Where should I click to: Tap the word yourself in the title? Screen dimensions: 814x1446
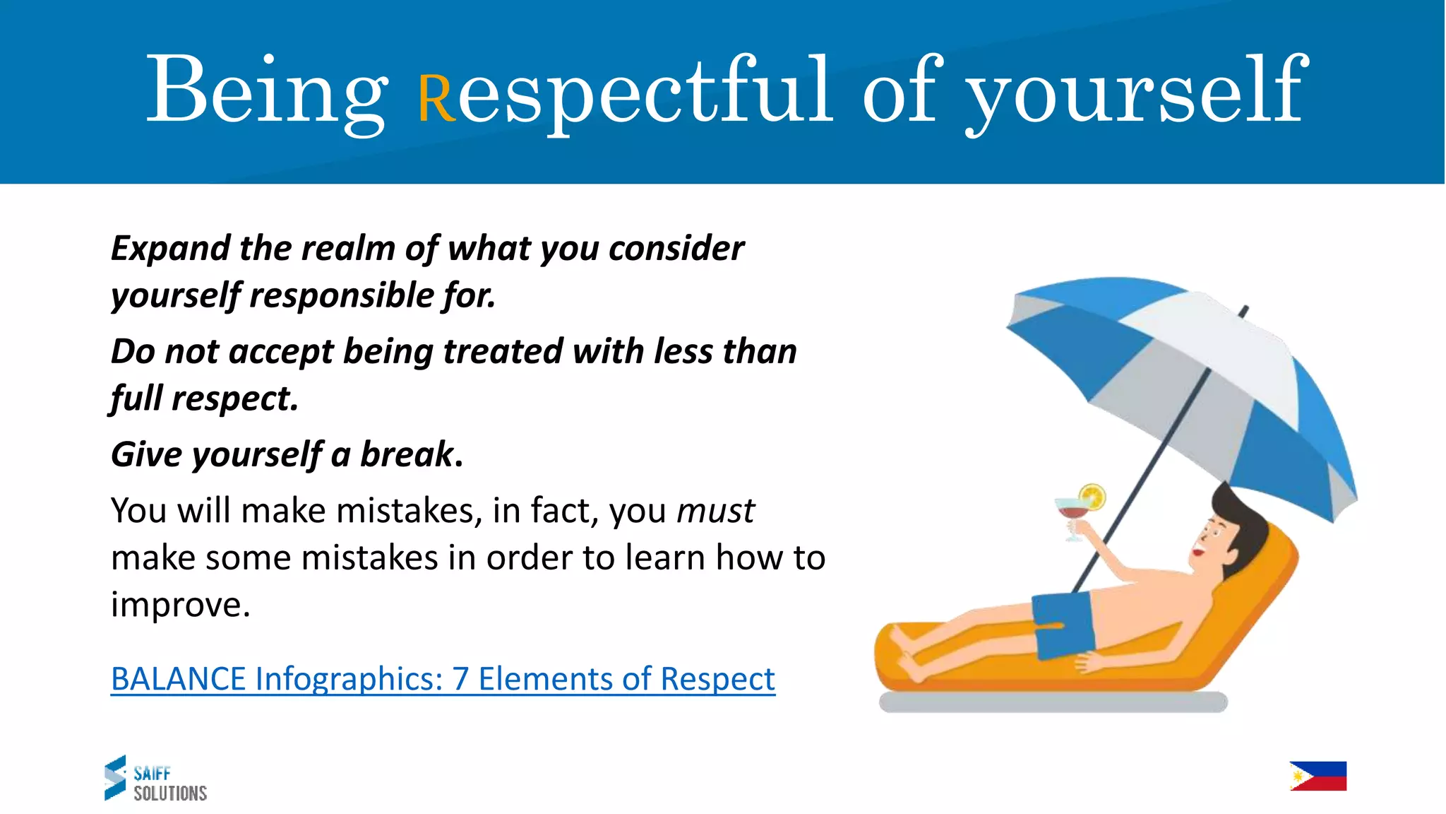[1136, 92]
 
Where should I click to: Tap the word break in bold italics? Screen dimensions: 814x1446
[407, 454]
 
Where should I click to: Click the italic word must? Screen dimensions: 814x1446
[715, 511]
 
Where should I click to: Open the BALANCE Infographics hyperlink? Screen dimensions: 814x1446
[443, 679]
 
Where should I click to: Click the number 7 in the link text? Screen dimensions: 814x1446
[460, 679]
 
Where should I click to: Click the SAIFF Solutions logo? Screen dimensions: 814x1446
[155, 779]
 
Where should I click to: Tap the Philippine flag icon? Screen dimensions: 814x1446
[1317, 776]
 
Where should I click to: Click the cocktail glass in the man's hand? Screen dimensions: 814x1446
[1072, 514]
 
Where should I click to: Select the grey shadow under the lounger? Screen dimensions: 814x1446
[1052, 702]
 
